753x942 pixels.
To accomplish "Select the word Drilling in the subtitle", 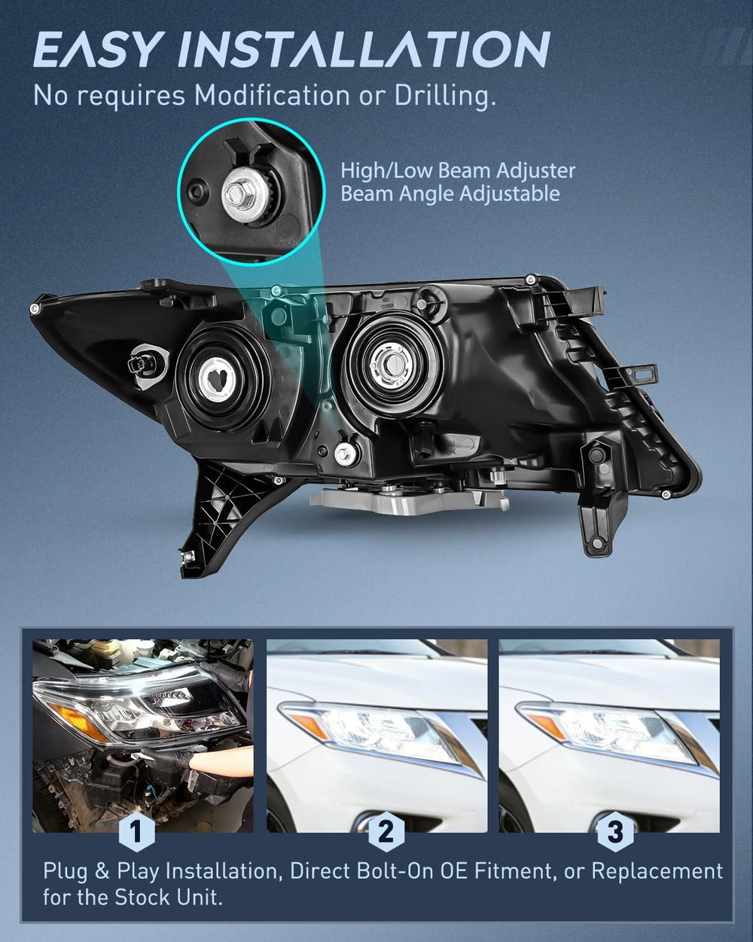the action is [446, 96].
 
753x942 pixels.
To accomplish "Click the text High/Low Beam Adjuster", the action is [458, 171].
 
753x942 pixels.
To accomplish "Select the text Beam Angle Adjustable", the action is [450, 194].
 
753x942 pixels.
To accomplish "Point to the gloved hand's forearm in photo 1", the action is [221, 763].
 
